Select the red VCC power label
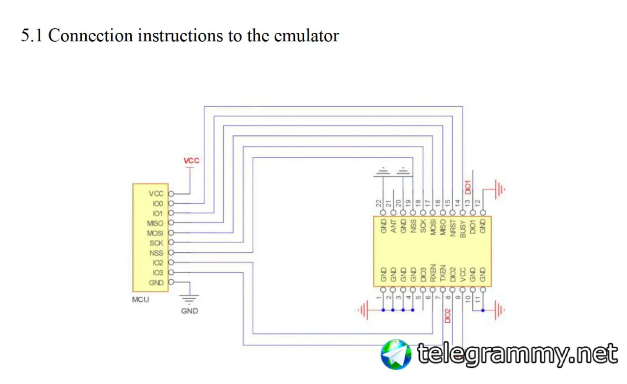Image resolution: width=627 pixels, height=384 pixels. coord(191,161)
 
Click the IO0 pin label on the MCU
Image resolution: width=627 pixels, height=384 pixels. coord(157,203)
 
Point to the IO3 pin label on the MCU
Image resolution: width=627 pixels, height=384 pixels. coord(157,272)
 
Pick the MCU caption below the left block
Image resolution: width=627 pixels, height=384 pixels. coord(141,299)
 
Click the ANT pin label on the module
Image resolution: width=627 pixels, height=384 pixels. coord(393,225)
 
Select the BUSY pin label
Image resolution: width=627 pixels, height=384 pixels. coord(463,228)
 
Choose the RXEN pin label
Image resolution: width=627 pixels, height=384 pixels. coord(433,274)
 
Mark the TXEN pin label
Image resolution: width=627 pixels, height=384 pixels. coord(443,274)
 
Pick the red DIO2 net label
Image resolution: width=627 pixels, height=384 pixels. coord(447,314)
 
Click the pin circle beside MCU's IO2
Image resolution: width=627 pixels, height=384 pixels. coord(171,263)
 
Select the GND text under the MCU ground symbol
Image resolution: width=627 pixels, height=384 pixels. coord(190,311)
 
